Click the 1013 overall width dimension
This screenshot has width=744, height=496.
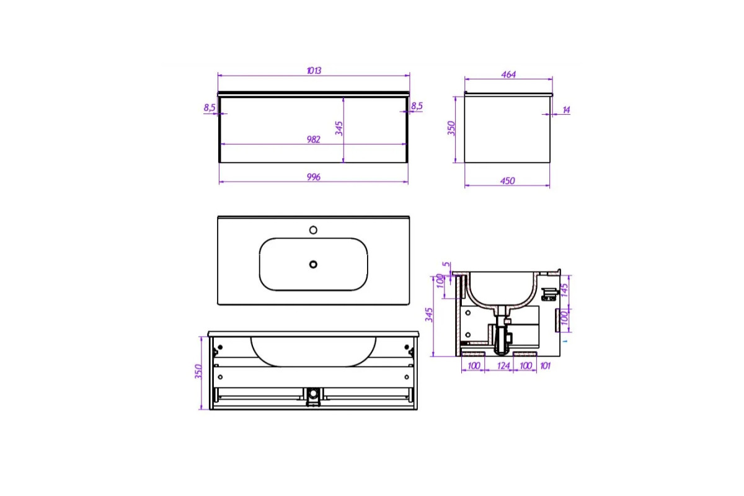(x=314, y=71)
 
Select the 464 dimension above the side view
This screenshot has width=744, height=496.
(x=508, y=74)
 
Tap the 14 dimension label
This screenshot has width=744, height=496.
(x=566, y=110)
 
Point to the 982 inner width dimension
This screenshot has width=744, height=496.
(x=314, y=139)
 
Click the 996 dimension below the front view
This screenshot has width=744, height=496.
(x=314, y=177)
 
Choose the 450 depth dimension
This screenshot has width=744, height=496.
(x=508, y=181)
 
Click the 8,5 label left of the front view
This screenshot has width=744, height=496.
(x=210, y=108)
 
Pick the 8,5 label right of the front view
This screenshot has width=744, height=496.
(x=417, y=106)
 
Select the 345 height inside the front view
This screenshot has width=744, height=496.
(x=339, y=128)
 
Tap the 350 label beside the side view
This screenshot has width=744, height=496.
(x=451, y=128)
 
